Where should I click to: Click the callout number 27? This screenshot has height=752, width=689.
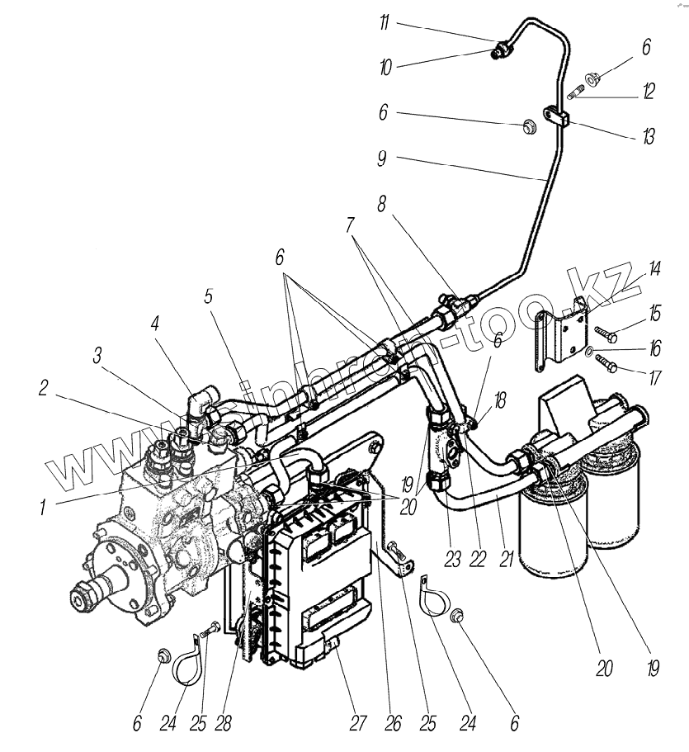tap(356, 724)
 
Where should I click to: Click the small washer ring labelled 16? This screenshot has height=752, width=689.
tap(589, 352)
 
